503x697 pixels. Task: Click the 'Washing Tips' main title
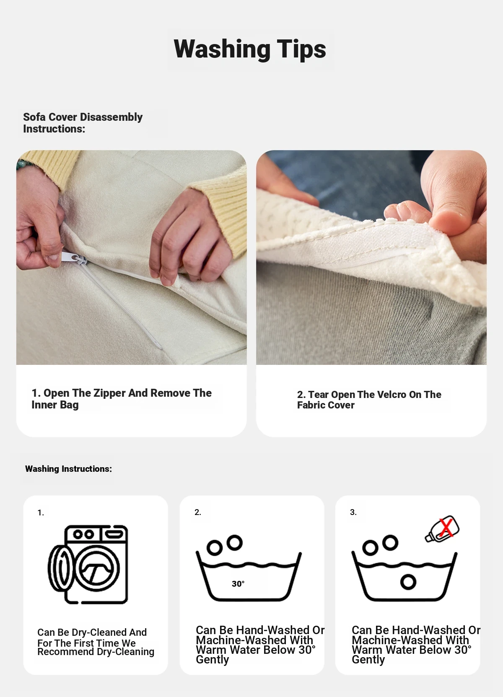(x=250, y=49)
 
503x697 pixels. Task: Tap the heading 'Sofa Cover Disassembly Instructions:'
(x=83, y=122)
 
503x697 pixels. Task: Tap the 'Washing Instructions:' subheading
(x=68, y=469)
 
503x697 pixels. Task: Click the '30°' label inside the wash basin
(x=238, y=584)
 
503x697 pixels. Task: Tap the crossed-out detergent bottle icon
(x=442, y=529)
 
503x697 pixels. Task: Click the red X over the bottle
(x=446, y=528)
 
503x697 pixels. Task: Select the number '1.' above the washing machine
(x=41, y=513)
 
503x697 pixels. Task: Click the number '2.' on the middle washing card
(x=198, y=512)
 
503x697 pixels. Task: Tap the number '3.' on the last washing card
(x=353, y=512)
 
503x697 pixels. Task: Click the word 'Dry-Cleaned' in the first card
(x=99, y=632)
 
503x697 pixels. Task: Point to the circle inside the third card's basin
(x=408, y=582)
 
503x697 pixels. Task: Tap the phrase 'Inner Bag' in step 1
(x=55, y=405)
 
